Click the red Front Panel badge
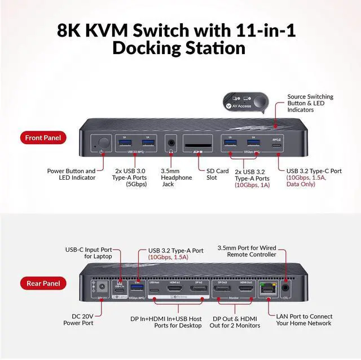pyautogui.click(x=46, y=137)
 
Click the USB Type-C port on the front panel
pyautogui.click(x=276, y=145)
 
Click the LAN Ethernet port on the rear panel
pyautogui.click(x=264, y=290)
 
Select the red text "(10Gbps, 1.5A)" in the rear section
pyautogui.click(x=168, y=257)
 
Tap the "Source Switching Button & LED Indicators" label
pyautogui.click(x=311, y=104)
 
